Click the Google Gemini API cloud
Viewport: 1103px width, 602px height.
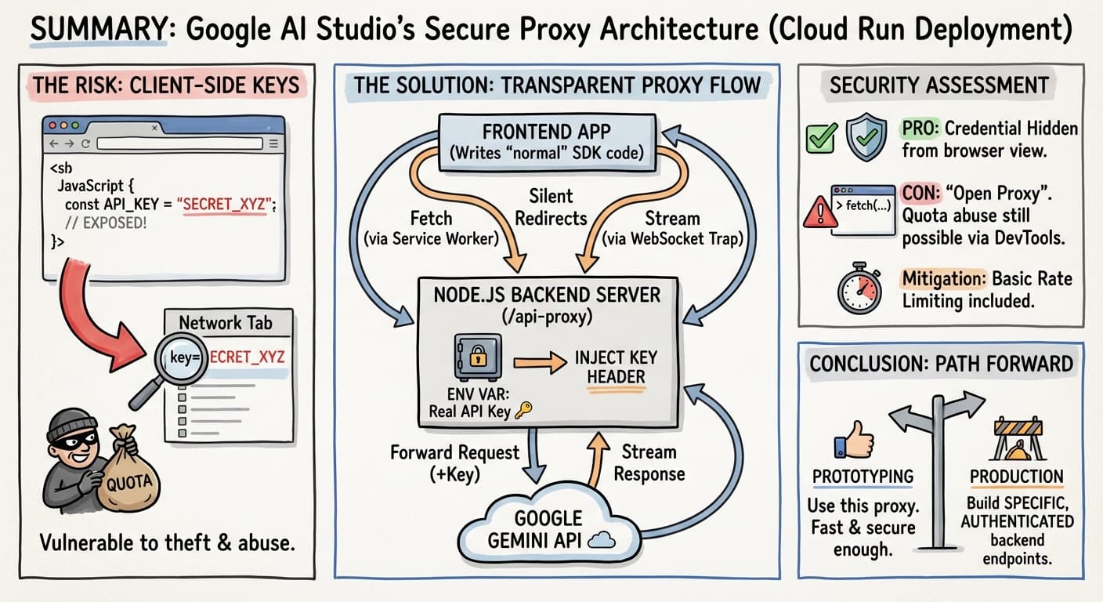click(x=548, y=528)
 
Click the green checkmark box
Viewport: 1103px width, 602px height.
click(x=822, y=138)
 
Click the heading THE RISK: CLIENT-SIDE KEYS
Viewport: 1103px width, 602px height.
click(x=166, y=85)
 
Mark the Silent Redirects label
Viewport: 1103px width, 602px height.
click(x=550, y=206)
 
